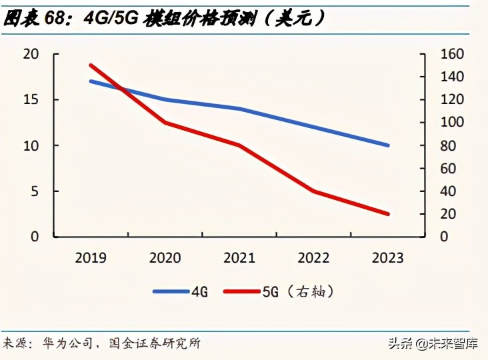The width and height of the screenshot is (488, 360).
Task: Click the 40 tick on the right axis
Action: point(439,191)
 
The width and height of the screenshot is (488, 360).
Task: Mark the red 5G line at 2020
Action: point(165,123)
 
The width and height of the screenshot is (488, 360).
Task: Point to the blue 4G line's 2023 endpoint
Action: point(387,145)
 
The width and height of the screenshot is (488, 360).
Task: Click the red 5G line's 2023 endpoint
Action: point(387,214)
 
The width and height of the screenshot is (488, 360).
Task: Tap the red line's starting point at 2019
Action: point(90,65)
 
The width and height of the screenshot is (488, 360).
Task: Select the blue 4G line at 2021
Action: point(239,109)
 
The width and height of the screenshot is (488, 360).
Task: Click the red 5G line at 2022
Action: point(313,191)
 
